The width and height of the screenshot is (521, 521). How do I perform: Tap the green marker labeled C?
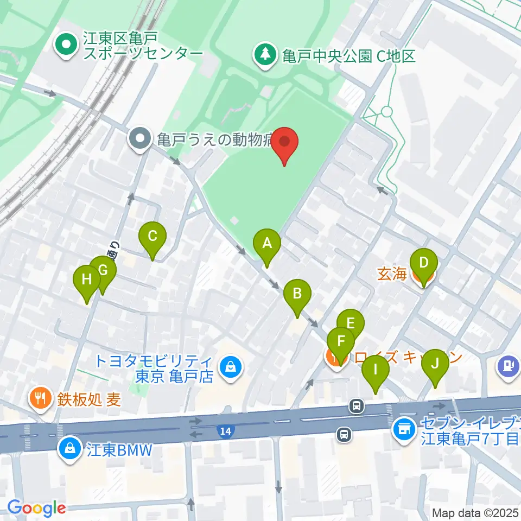[x=153, y=237]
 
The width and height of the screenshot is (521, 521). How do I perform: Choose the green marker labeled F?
[x=341, y=341]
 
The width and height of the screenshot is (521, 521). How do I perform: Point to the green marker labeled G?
[x=103, y=270]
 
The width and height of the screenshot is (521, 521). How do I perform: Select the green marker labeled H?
[x=87, y=280]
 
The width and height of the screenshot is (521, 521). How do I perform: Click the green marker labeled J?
[x=435, y=364]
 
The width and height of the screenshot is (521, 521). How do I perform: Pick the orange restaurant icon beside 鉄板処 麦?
[x=39, y=399]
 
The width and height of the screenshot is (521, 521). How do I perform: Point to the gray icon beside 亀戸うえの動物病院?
[x=141, y=139]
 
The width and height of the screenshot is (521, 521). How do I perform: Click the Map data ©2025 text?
[x=475, y=512]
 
